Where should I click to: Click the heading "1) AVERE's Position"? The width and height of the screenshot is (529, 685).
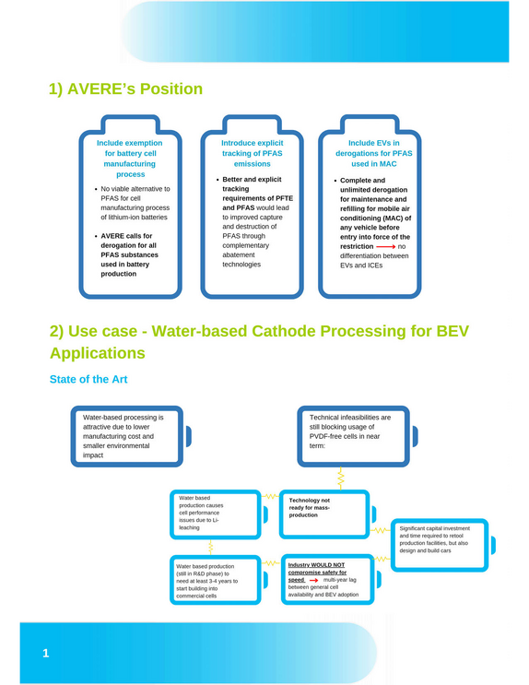pyautogui.click(x=125, y=89)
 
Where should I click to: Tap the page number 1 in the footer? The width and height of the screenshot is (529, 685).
pyautogui.click(x=46, y=653)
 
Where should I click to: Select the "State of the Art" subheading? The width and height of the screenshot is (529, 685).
pyautogui.click(x=88, y=379)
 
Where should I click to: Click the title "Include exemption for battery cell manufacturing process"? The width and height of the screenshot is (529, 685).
pyautogui.click(x=130, y=159)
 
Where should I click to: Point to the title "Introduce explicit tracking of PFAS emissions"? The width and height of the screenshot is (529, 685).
pyautogui.click(x=252, y=153)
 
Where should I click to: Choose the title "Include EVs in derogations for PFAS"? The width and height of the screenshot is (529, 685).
pyautogui.click(x=374, y=148)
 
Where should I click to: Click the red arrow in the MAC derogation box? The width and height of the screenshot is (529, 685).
pyautogui.click(x=385, y=247)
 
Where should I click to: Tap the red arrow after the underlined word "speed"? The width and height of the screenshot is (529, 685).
pyautogui.click(x=313, y=580)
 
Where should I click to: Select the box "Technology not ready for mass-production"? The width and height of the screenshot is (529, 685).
pyautogui.click(x=324, y=514)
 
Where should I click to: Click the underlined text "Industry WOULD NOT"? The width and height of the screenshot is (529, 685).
pyautogui.click(x=316, y=565)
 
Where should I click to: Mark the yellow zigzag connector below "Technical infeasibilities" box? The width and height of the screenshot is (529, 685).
pyautogui.click(x=340, y=478)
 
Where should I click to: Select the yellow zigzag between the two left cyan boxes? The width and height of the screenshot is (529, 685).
pyautogui.click(x=210, y=547)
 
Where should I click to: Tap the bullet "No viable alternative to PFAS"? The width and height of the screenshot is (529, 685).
pyautogui.click(x=133, y=203)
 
